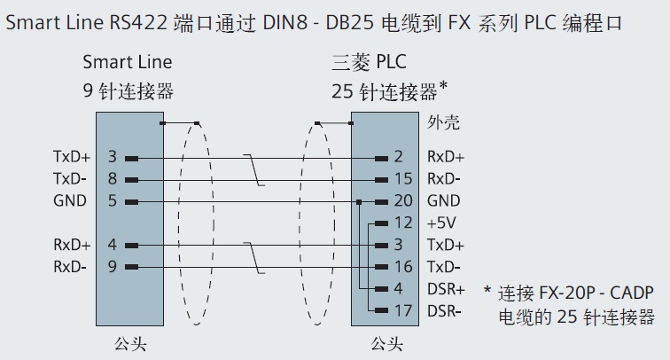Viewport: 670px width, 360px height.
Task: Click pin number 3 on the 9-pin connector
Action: click(113, 158)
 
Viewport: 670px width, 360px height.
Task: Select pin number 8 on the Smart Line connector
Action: click(113, 179)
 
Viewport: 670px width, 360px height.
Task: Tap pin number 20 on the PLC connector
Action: click(404, 201)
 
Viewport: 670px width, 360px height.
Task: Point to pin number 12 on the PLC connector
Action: click(404, 223)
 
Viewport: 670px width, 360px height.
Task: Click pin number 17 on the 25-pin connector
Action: click(404, 310)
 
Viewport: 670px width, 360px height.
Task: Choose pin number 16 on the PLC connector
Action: click(404, 266)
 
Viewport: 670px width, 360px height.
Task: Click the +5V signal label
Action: click(440, 223)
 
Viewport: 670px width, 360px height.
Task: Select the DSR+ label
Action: click(446, 288)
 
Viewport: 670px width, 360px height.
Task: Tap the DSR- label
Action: click(444, 310)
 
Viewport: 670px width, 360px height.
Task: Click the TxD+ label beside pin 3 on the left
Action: click(72, 158)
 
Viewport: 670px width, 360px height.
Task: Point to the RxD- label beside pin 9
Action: click(70, 266)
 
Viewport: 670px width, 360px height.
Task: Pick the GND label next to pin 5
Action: click(70, 201)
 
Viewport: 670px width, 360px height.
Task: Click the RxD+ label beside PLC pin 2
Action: click(446, 158)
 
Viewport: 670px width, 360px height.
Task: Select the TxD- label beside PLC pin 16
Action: click(444, 266)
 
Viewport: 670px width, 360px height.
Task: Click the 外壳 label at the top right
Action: click(443, 121)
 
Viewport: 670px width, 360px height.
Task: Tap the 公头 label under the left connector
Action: click(127, 343)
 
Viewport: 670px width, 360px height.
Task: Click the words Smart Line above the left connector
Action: click(128, 63)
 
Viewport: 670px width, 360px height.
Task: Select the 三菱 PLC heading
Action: click(367, 63)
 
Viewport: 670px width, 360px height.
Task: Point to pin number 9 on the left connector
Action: click(113, 266)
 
